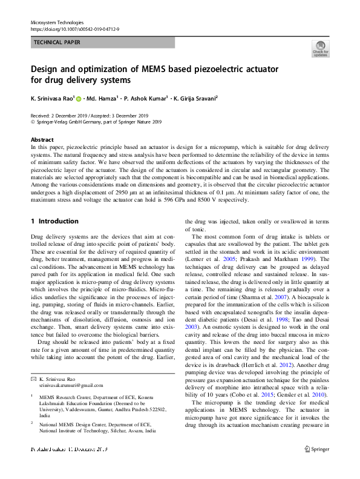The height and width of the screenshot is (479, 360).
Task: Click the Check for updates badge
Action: point(320,48)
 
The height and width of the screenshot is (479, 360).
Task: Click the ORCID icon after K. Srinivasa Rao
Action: point(79,97)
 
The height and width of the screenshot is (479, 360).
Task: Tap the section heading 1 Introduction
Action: point(54,222)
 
